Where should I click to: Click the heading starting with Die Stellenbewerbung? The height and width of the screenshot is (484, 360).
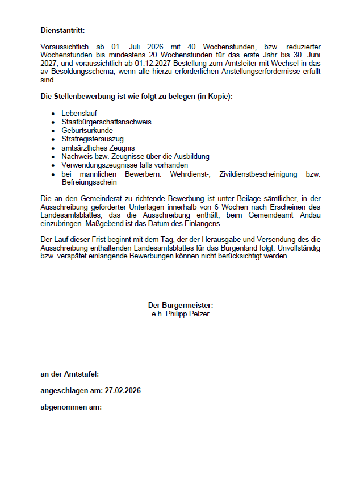(136, 96)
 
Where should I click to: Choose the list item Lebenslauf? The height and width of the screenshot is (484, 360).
(79, 113)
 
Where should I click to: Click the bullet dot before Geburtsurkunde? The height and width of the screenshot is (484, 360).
(53, 131)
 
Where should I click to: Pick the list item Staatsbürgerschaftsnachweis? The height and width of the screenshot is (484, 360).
(106, 122)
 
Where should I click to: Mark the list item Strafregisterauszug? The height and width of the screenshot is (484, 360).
(93, 139)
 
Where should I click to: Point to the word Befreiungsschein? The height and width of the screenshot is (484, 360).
(89, 182)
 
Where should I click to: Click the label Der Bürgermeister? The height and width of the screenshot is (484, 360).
(180, 305)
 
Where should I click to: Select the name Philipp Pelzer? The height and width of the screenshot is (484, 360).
(187, 314)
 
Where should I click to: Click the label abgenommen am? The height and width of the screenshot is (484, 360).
(71, 407)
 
